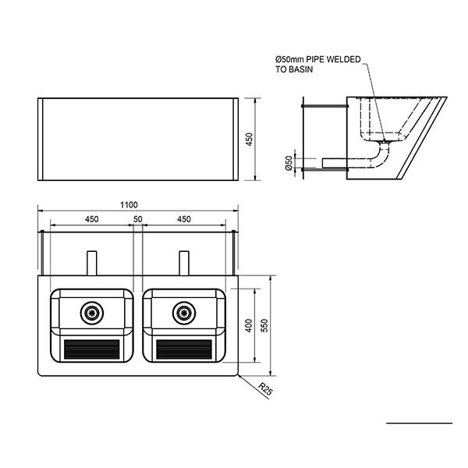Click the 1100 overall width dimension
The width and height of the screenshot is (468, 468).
(129, 205)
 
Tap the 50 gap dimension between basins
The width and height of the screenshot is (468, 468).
(138, 219)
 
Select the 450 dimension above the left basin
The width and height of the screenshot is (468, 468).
(91, 219)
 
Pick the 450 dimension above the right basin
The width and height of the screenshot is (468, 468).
(184, 219)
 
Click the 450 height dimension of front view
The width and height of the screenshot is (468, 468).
(249, 139)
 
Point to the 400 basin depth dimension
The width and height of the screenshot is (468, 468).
(249, 325)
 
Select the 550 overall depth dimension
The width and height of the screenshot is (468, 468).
(264, 325)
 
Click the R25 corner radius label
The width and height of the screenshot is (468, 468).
(265, 389)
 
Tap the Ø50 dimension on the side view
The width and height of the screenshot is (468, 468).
(289, 163)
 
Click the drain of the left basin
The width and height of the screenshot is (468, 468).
(92, 313)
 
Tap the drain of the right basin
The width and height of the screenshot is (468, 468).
(184, 313)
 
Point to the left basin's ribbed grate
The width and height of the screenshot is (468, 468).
(92, 349)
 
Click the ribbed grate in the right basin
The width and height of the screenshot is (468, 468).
(184, 349)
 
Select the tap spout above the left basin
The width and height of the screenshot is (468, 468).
(92, 263)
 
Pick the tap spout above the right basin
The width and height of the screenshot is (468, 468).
(184, 263)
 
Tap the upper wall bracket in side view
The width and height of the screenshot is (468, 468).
(325, 106)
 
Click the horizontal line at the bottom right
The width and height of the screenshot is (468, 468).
(420, 423)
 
